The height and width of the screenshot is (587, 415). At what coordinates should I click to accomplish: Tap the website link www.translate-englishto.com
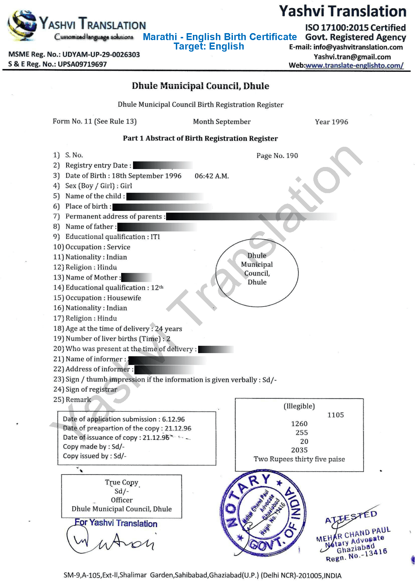pos(354,66)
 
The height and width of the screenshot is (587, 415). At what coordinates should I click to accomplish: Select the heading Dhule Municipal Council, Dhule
pos(200,86)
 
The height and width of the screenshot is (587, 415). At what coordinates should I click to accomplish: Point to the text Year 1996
pos(331,122)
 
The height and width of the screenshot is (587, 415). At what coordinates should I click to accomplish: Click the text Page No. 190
pos(277,156)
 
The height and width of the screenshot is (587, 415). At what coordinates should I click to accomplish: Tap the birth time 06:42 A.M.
pos(212,176)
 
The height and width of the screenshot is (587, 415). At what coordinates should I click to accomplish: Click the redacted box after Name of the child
pos(165,196)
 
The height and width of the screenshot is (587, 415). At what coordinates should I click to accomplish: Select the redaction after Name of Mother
pos(136,277)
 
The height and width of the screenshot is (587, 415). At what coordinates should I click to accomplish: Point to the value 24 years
pos(169,329)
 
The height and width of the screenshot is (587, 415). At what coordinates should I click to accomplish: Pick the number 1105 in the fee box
pos(335,415)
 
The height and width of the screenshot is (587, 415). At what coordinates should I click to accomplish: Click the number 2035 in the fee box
pos(299,450)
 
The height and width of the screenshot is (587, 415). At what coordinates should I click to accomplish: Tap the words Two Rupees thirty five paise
pos(299,459)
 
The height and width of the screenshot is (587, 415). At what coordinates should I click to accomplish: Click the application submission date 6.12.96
pos(173,419)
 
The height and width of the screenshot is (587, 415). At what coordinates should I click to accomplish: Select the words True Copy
pos(122,482)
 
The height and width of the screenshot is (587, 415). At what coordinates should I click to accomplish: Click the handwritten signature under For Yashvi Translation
pos(110,541)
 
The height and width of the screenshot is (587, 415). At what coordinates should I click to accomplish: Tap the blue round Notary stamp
pos(264,514)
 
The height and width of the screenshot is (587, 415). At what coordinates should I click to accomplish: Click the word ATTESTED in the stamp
pos(351,517)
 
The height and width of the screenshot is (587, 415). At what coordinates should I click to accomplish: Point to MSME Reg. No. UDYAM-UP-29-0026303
pos(74,55)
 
